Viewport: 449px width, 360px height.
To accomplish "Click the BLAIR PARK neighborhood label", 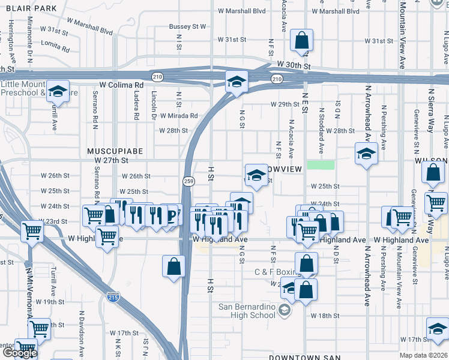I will pyautogui.click(x=29, y=8).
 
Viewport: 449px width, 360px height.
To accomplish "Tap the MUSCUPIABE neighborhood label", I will pyautogui.click(x=115, y=151).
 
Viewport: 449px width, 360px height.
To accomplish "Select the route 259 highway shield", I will pyautogui.click(x=188, y=180).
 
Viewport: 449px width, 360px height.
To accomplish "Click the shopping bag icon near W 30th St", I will pyautogui.click(x=302, y=41).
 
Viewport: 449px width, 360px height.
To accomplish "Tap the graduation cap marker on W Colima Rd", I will pyautogui.click(x=237, y=82).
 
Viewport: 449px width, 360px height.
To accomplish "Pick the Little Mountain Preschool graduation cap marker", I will pyautogui.click(x=58, y=92).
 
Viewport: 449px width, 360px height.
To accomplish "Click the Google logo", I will pyautogui.click(x=19, y=353).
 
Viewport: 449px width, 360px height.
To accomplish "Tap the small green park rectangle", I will pyautogui.click(x=321, y=164).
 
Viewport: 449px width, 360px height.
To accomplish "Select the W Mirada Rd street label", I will pyautogui.click(x=178, y=116).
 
